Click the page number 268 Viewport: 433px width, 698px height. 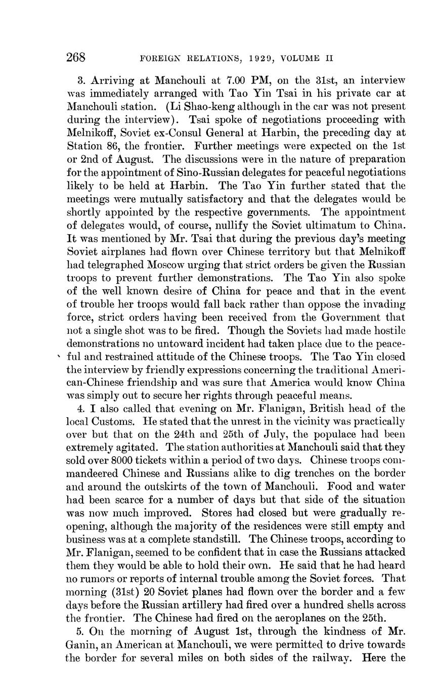point(76,57)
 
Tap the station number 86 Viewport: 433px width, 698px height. point(113,146)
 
